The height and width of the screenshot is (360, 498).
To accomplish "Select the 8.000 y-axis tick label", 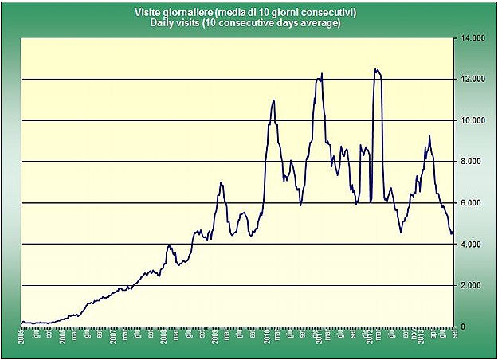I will pyautogui.click(x=469, y=162).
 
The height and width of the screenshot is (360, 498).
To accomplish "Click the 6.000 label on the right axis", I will pyautogui.click(x=469, y=203).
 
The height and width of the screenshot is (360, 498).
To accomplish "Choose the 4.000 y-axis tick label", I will pyautogui.click(x=469, y=245).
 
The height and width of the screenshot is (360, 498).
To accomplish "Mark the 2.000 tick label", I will pyautogui.click(x=469, y=286).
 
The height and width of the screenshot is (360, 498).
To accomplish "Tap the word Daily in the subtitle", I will pyautogui.click(x=162, y=23).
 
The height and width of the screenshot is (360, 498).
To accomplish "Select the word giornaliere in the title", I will pyautogui.click(x=189, y=14).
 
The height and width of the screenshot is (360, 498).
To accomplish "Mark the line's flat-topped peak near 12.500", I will pyautogui.click(x=377, y=70).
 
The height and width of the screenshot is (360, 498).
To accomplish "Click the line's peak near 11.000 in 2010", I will pyautogui.click(x=273, y=100).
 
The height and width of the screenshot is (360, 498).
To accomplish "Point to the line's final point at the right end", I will pyautogui.click(x=453, y=235).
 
